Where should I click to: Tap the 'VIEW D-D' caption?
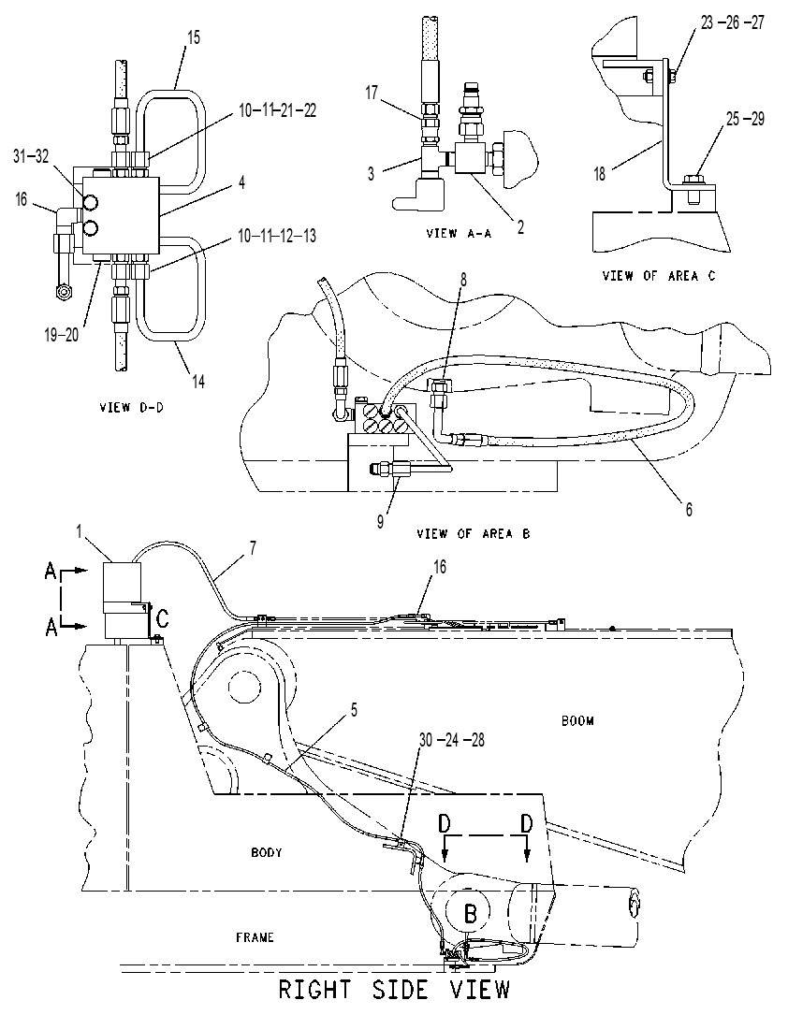[x=131, y=408]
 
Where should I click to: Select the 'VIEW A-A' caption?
[x=460, y=233]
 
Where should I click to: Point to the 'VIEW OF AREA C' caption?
[x=659, y=276]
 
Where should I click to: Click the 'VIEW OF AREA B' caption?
[x=474, y=534]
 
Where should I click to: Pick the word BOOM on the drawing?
[x=577, y=720]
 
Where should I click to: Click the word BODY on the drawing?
[x=267, y=852]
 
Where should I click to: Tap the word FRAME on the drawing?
[x=255, y=937]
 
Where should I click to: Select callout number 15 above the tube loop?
[x=194, y=37]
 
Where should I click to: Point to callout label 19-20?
[x=62, y=335]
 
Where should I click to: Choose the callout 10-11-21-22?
[x=278, y=110]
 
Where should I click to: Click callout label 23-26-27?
[x=732, y=22]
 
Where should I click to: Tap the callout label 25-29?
[x=745, y=119]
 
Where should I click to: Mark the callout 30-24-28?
[x=452, y=739]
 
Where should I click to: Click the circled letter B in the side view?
[x=471, y=914]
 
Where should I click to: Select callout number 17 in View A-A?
[x=371, y=94]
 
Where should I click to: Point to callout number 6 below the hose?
[x=689, y=510]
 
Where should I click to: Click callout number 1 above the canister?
[x=79, y=532]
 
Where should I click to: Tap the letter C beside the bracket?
[x=163, y=619]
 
